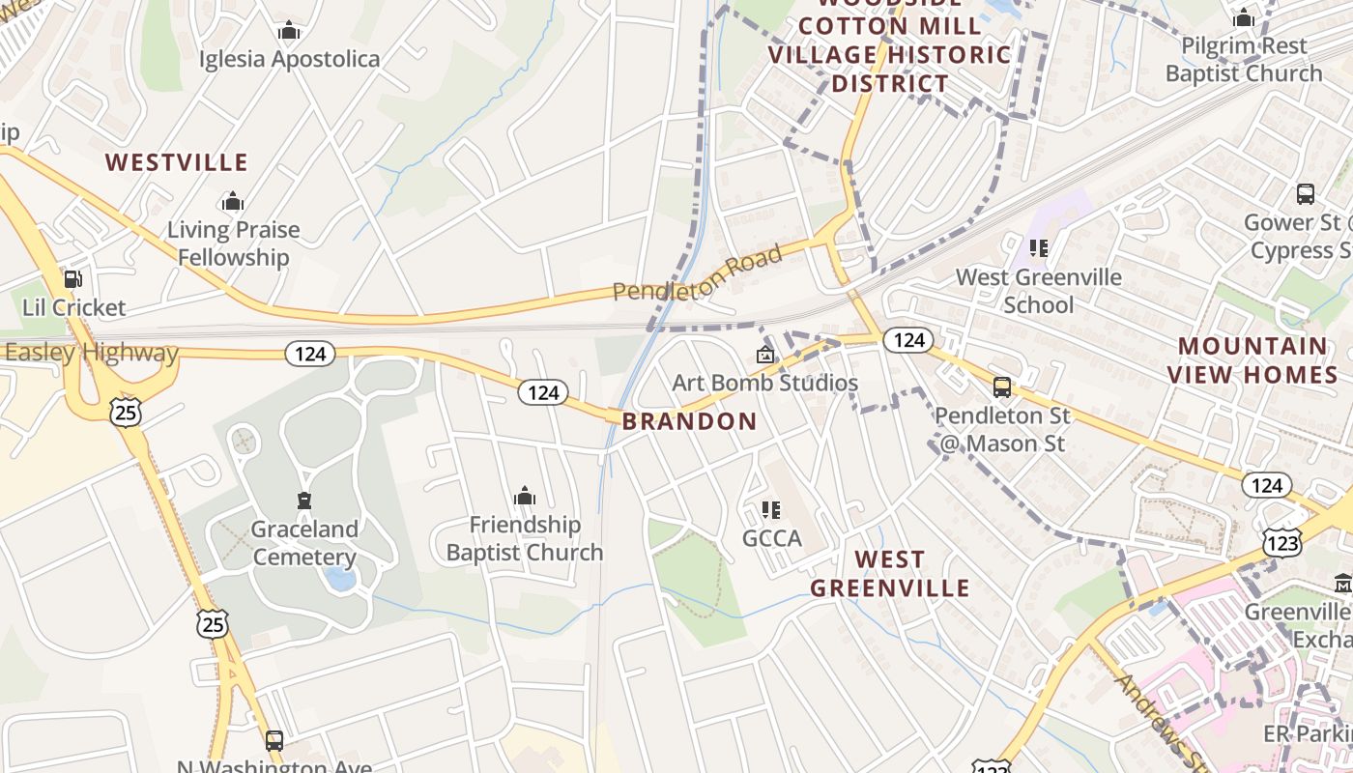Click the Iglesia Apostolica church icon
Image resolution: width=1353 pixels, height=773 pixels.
click(288, 32)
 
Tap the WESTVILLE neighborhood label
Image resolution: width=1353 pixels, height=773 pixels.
click(177, 162)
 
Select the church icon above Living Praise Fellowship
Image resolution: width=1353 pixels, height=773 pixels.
click(232, 202)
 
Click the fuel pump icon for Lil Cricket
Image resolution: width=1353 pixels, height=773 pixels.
click(72, 280)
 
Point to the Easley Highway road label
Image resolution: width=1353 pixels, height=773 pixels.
click(91, 353)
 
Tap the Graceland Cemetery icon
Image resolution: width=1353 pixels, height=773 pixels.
click(304, 501)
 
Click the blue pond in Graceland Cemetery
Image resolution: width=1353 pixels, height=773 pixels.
click(339, 579)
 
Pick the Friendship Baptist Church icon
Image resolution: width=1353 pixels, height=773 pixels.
click(525, 497)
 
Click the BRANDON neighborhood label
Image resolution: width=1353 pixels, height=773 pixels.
click(689, 421)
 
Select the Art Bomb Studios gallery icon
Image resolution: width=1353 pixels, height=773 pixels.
click(764, 356)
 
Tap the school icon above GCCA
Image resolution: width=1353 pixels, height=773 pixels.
click(770, 509)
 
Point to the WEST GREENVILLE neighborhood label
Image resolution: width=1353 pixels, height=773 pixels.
click(889, 574)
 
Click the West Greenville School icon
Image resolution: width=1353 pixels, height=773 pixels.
click(1039, 248)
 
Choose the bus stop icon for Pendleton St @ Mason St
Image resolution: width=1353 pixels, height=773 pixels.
click(1002, 387)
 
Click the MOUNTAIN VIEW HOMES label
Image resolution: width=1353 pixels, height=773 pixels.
click(1252, 359)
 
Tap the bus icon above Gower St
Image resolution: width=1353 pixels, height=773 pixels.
click(1305, 194)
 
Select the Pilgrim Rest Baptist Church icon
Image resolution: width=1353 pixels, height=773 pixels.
click(1243, 17)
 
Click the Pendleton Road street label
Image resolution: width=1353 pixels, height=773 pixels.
click(697, 274)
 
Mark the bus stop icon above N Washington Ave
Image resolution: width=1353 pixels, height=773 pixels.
click(274, 741)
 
